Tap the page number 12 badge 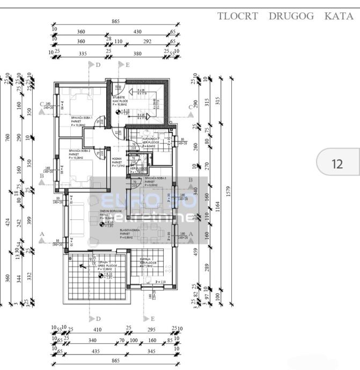tap(337, 164)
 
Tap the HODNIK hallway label tap(117, 159)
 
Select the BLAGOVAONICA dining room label tap(130, 230)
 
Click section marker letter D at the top tap(97, 65)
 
